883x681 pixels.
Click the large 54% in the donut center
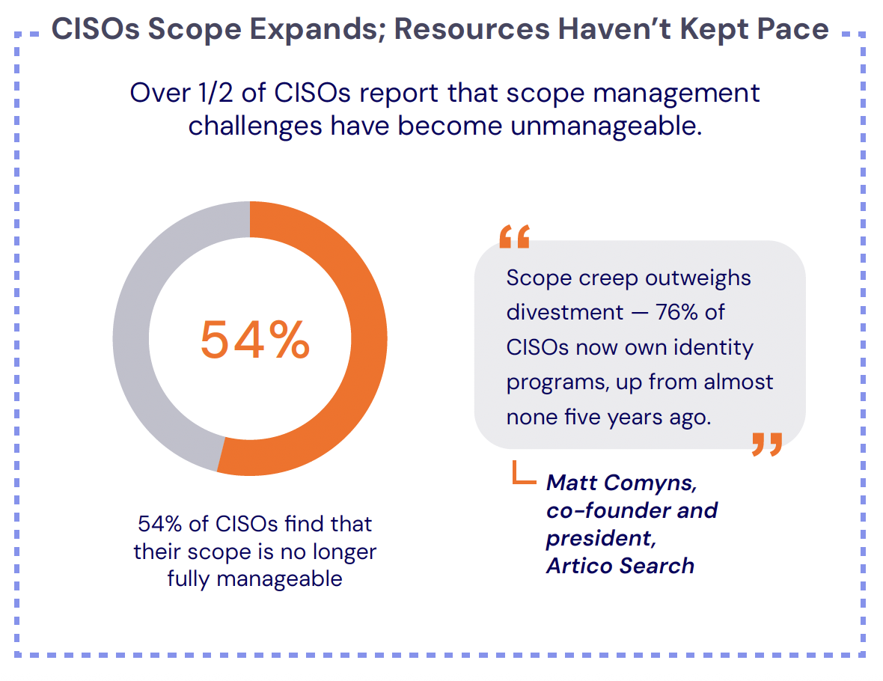click(x=254, y=340)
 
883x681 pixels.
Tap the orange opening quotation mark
click(x=514, y=236)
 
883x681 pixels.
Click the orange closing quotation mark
click(x=766, y=444)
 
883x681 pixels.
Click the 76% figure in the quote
click(x=676, y=312)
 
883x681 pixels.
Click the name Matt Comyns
click(x=621, y=483)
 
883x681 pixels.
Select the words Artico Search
click(x=620, y=566)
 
